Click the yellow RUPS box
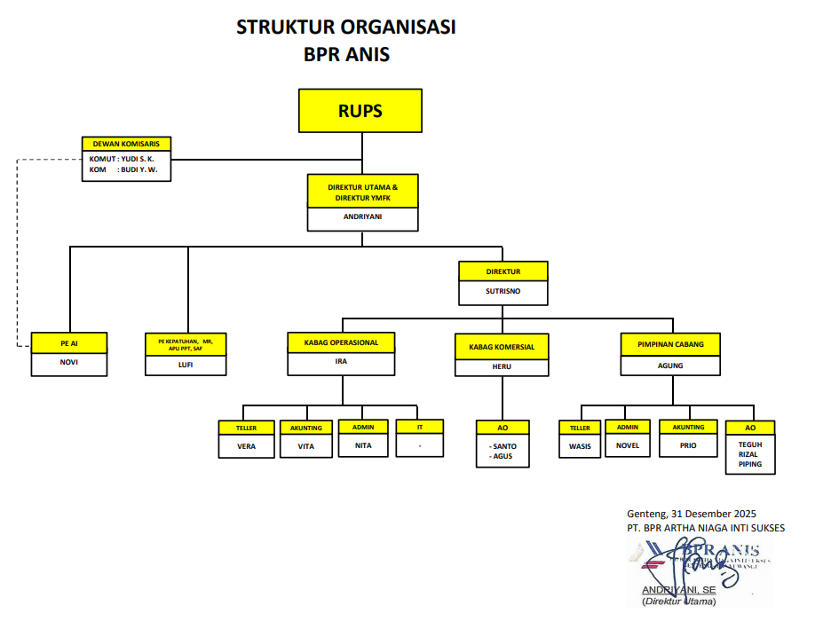point(360,111)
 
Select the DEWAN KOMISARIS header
point(126,144)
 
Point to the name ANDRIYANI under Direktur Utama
point(362,216)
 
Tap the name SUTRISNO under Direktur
point(503,290)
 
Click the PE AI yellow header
point(69,341)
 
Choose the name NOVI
point(69,361)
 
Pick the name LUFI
point(186,363)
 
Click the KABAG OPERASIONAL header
point(341,342)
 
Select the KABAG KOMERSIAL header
point(502,347)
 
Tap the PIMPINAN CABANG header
point(670,342)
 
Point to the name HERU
point(502,366)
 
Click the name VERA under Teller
point(246,446)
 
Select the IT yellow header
point(419,427)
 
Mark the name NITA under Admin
point(363,445)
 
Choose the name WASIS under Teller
point(580,446)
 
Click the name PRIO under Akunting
point(688,446)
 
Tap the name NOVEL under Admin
point(628,445)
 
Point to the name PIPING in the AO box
point(750,464)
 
